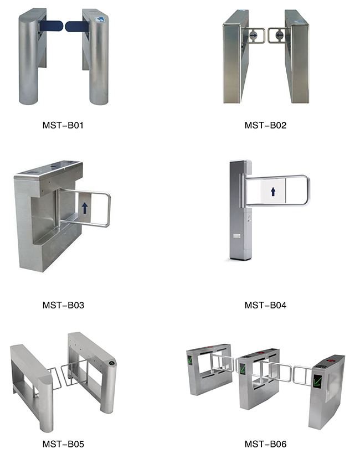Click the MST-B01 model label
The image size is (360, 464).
point(63,125)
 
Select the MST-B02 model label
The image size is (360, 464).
point(265,125)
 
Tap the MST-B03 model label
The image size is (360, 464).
point(63,305)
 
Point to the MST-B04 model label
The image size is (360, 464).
point(265,305)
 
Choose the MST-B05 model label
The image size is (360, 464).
point(63,444)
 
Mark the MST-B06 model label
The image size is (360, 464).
point(265,444)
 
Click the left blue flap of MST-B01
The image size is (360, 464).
point(50,26)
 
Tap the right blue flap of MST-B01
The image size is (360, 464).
point(76,27)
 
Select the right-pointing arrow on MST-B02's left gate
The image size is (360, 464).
point(254,35)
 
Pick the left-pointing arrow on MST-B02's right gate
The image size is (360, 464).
point(280,36)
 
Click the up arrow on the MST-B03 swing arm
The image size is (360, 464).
point(85,208)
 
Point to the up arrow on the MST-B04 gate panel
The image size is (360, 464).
point(273,192)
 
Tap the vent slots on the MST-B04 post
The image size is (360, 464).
point(236,236)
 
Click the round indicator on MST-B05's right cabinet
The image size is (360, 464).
point(112,363)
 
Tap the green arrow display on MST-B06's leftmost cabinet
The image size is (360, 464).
point(190,360)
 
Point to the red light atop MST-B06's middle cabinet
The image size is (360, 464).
point(261,353)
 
